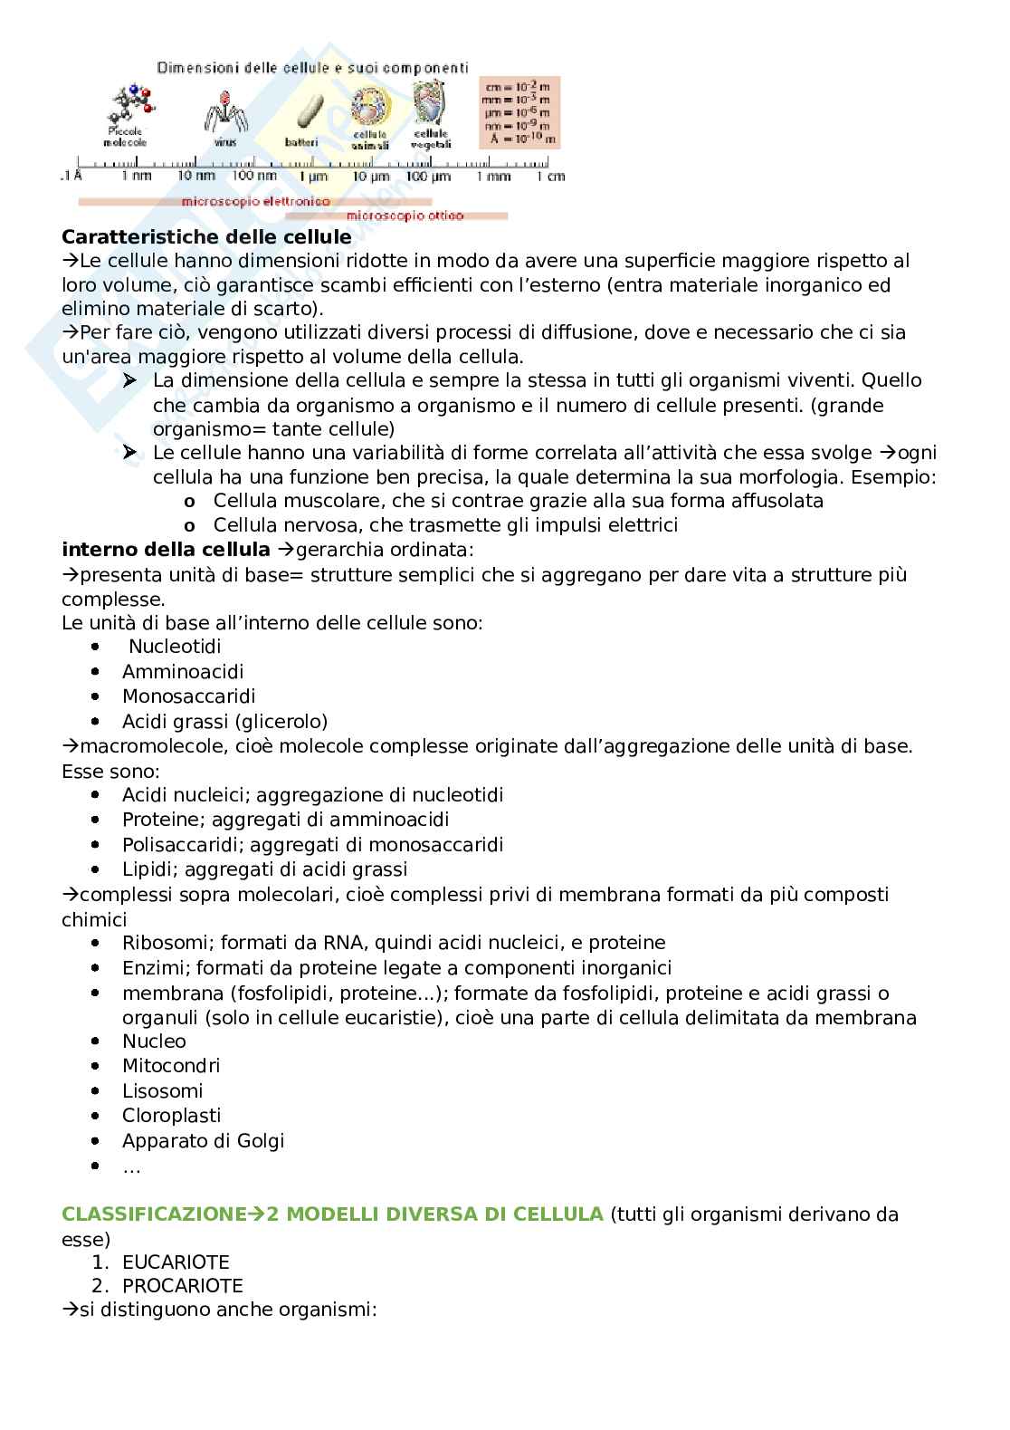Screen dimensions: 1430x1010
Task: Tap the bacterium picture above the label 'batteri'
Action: point(302,112)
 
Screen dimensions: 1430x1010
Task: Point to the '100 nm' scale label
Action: point(255,176)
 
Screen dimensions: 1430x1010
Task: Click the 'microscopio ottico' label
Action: point(405,216)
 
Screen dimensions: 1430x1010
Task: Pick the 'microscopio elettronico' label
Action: point(255,201)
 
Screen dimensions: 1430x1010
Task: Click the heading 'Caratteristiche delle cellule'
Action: point(206,237)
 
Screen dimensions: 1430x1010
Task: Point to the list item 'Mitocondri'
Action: point(171,1066)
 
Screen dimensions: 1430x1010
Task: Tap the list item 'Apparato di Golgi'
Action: point(203,1141)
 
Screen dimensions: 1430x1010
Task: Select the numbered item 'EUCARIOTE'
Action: point(176,1262)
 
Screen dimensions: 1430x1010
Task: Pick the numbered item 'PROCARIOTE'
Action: point(182,1286)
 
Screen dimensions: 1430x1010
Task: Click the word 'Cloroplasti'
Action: point(171,1116)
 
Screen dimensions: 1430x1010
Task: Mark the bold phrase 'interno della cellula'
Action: point(166,550)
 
